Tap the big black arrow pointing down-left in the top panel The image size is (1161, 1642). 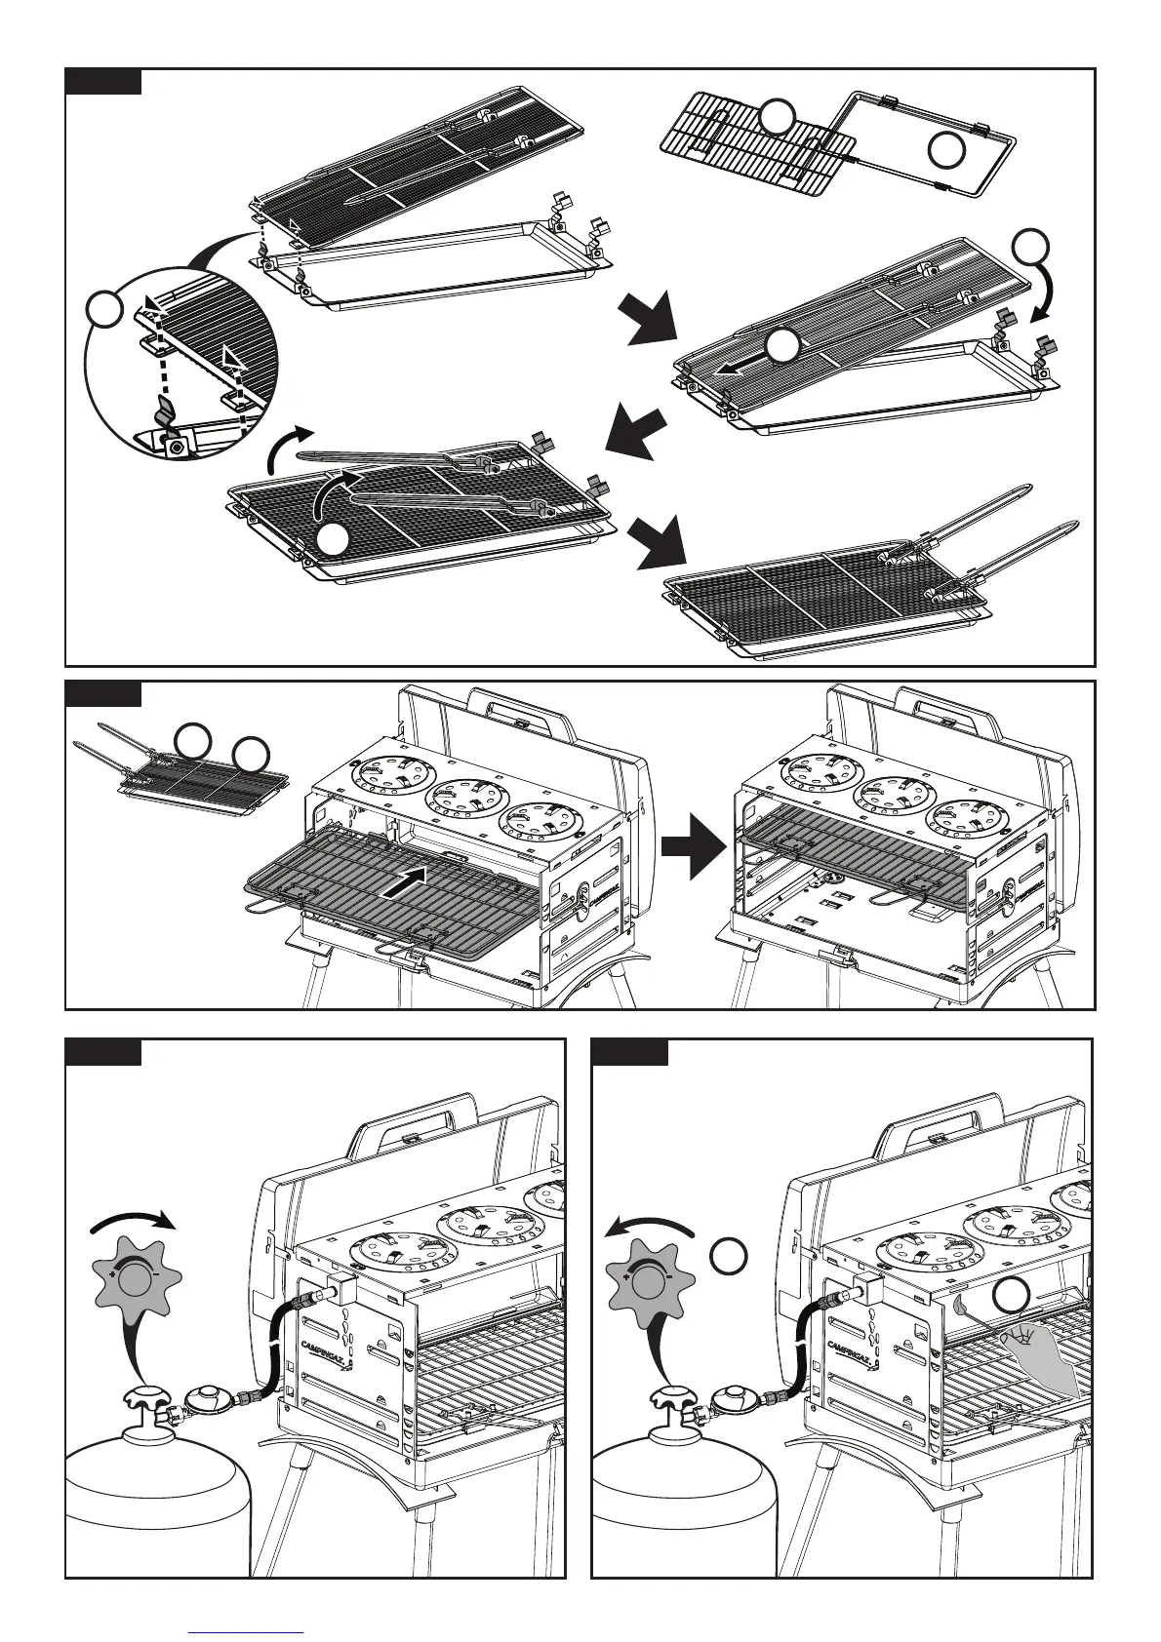[x=637, y=434]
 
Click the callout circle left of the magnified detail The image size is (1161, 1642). [x=104, y=310]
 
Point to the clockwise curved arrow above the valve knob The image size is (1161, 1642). [x=130, y=1219]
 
